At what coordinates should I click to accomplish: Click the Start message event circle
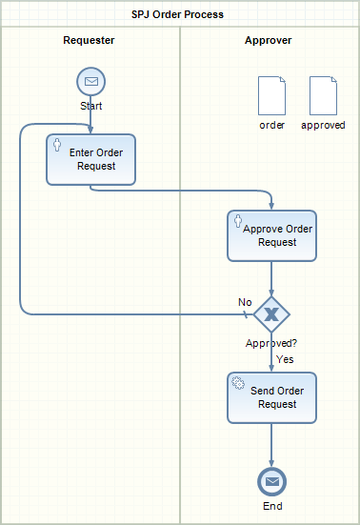click(x=91, y=81)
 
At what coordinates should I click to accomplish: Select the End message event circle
click(x=271, y=481)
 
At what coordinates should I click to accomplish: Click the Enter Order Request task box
click(x=91, y=160)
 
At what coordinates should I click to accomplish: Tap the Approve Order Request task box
click(x=271, y=235)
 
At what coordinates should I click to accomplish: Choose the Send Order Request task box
click(x=271, y=397)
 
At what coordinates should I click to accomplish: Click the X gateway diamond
click(x=271, y=314)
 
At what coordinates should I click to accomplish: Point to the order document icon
click(x=271, y=96)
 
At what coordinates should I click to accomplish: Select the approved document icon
click(x=323, y=96)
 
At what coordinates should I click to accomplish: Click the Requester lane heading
click(x=89, y=40)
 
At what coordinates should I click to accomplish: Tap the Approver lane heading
click(x=268, y=40)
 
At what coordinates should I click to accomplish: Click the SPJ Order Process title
click(x=177, y=14)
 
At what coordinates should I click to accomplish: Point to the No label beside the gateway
click(x=245, y=302)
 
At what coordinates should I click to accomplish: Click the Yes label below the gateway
click(x=285, y=359)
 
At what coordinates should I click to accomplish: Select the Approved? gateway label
click(x=271, y=343)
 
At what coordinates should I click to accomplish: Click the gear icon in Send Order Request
click(x=238, y=383)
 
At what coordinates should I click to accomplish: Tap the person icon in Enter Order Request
click(x=57, y=145)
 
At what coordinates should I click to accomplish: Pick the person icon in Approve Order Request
click(x=238, y=221)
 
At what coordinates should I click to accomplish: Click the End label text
click(x=272, y=506)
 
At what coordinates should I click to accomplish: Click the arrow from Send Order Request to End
click(x=271, y=445)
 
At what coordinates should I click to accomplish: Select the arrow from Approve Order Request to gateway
click(x=271, y=279)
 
